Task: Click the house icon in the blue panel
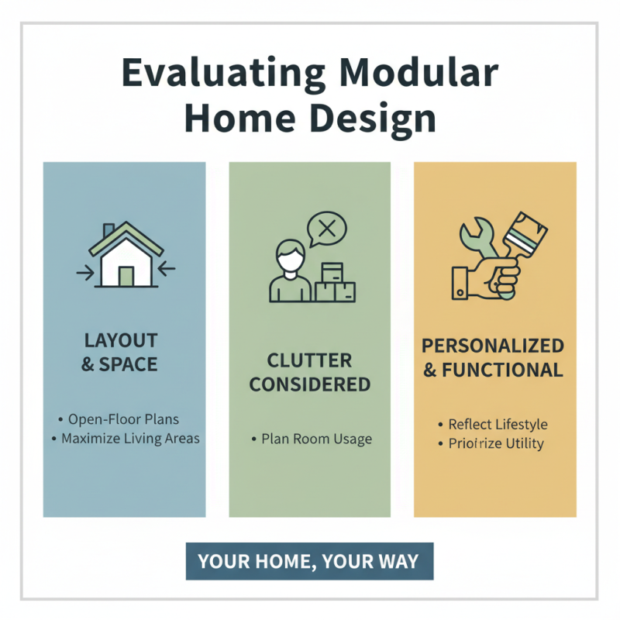(x=125, y=256)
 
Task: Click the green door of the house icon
(x=125, y=275)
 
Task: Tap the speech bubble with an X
(x=327, y=229)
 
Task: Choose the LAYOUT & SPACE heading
(x=120, y=352)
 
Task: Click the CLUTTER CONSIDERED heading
(x=310, y=372)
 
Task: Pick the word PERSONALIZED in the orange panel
(x=492, y=346)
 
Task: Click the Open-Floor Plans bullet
(x=122, y=419)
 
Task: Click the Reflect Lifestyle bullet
(x=497, y=425)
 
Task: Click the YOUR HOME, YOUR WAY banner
(x=309, y=561)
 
